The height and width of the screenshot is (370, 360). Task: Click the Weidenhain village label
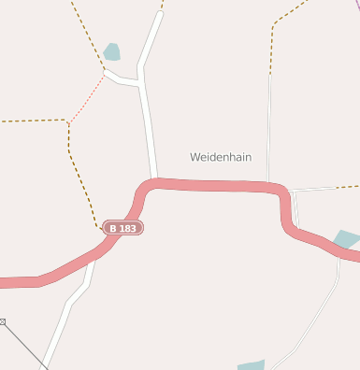[221, 157]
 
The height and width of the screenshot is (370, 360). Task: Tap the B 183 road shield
[124, 228]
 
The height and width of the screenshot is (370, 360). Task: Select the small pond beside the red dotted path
[112, 51]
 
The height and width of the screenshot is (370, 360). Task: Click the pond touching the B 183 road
[346, 239]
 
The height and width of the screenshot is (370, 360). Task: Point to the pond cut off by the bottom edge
[251, 365]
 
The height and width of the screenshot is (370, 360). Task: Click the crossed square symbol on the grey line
[2, 322]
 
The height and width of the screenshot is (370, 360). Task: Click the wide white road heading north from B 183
[149, 121]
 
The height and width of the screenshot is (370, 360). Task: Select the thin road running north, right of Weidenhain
[269, 121]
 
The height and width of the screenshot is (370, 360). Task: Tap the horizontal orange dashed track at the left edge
[33, 121]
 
